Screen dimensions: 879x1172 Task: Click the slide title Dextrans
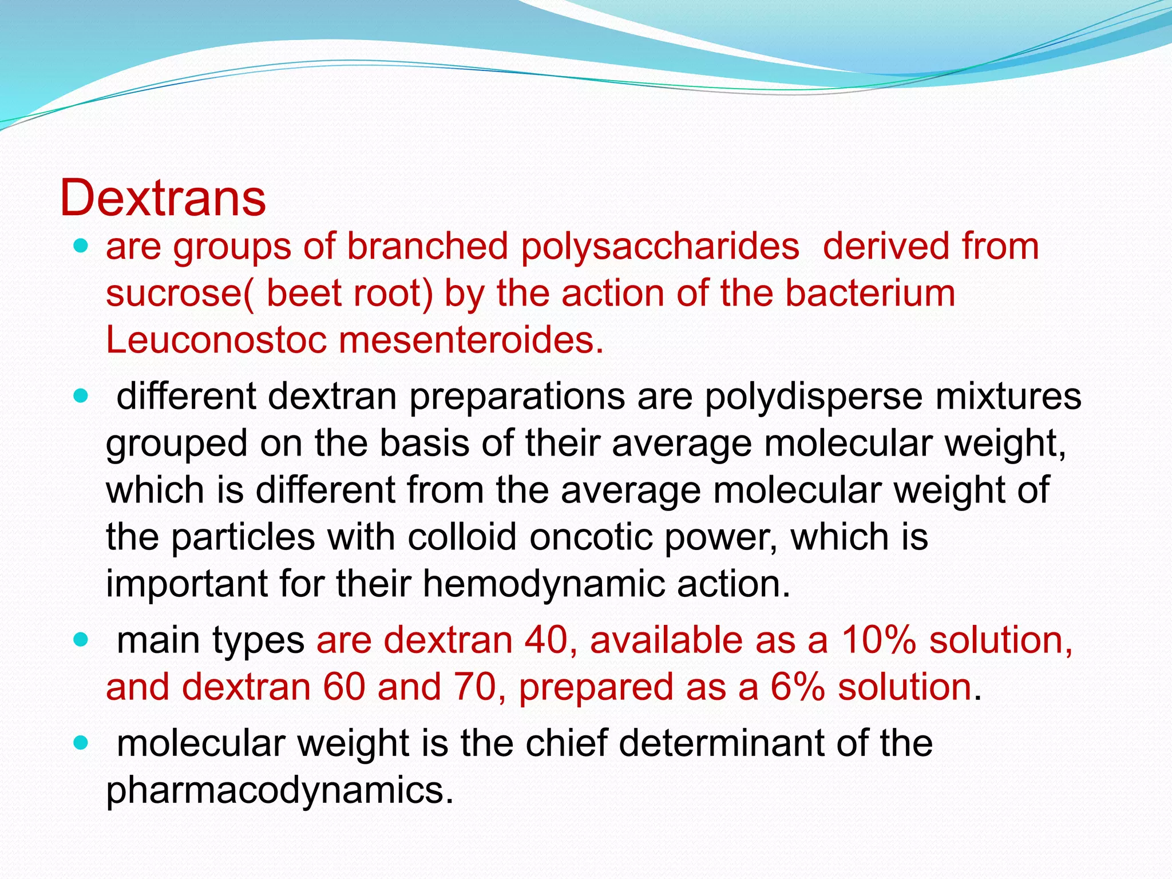tap(163, 198)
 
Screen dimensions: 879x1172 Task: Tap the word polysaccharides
tap(660, 247)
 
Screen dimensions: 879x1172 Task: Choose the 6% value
tap(797, 687)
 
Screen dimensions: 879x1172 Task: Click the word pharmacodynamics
tap(279, 791)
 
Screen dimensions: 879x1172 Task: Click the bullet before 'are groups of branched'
tap(81, 247)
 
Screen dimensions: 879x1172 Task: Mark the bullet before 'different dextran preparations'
tap(81, 396)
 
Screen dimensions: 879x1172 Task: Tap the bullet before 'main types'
tap(81, 639)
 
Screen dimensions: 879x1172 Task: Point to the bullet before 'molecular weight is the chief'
tap(81, 743)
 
